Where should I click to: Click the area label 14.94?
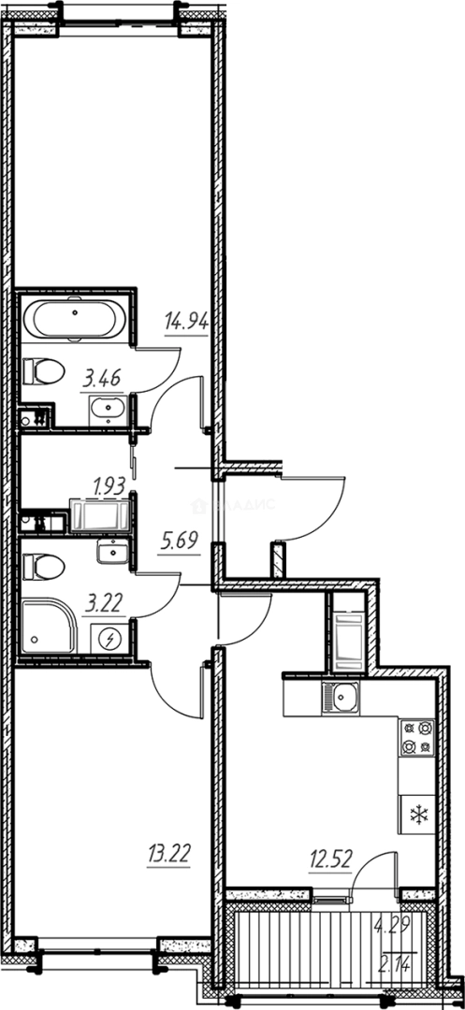click(184, 323)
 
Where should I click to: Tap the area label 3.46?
click(102, 379)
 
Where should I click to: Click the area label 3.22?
click(102, 603)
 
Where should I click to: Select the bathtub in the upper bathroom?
click(72, 323)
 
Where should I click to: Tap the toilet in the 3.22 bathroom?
click(43, 566)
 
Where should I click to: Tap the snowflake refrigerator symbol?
click(416, 815)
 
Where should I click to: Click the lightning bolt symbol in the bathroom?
click(110, 639)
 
